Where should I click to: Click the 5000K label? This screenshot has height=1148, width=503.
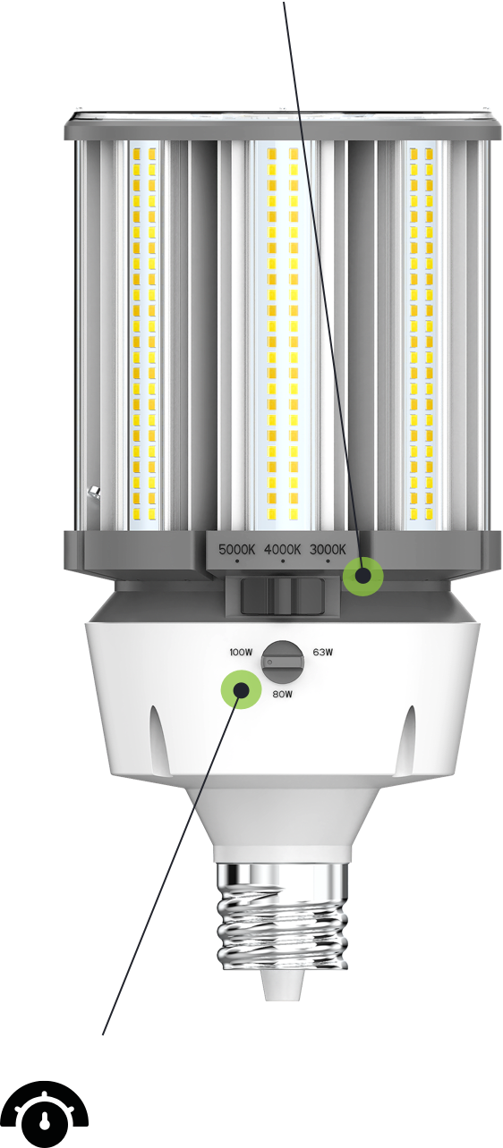pos(236,549)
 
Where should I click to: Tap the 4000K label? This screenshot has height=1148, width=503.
pos(282,549)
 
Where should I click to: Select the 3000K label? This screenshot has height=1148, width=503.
pos(328,549)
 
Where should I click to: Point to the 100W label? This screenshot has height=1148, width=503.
pos(242,653)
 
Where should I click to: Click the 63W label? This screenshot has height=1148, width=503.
pos(323,653)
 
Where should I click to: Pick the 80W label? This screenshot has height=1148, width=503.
pos(282,694)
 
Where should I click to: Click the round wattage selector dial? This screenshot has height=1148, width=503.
pos(283,662)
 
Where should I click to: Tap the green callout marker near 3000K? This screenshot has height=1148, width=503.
pos(362,576)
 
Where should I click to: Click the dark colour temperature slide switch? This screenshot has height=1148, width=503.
pos(283,595)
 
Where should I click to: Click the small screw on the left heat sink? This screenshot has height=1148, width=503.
pos(94,491)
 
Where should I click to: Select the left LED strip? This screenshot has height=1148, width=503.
pos(144,333)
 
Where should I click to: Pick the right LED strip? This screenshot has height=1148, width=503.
pos(421,333)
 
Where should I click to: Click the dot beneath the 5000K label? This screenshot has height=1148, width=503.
pos(237,561)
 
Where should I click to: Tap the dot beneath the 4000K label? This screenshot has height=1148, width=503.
pos(282,561)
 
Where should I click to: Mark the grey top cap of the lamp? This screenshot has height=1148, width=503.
pos(283,124)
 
